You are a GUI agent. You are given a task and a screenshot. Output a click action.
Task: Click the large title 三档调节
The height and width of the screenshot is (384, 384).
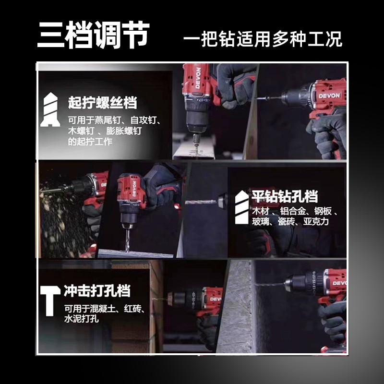click(93, 35)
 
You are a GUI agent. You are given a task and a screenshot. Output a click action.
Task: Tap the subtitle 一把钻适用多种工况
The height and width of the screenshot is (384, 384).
click(263, 39)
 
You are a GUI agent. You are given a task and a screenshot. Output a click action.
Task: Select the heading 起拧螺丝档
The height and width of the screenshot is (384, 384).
click(102, 102)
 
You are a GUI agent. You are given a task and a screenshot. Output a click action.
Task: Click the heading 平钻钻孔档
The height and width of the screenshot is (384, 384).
click(285, 196)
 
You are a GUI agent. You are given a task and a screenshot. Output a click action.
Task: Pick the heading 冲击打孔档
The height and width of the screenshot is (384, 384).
click(97, 291)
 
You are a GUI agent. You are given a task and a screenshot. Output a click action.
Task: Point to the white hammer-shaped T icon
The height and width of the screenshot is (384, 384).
click(50, 300)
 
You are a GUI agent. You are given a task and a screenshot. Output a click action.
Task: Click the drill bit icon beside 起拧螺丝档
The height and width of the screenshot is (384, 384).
click(50, 109)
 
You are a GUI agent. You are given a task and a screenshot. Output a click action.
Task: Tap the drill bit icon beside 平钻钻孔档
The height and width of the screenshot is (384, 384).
click(242, 207)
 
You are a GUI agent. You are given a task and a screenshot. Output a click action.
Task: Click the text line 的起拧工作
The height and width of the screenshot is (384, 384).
click(90, 142)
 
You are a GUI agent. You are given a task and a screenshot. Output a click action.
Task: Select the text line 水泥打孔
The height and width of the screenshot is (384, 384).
click(82, 319)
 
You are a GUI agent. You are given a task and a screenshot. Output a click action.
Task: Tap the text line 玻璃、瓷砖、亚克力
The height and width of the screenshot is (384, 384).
click(290, 222)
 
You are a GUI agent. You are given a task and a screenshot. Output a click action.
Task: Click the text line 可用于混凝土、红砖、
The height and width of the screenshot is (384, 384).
click(105, 308)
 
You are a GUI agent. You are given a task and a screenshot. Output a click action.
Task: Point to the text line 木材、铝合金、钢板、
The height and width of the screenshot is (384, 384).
click(295, 211)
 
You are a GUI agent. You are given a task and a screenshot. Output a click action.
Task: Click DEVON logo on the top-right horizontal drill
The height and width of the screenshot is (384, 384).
click(329, 95)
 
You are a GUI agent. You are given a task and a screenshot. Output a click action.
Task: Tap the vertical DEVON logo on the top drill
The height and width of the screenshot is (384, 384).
click(198, 78)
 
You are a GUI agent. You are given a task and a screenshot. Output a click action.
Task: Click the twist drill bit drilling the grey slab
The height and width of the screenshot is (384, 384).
click(127, 239)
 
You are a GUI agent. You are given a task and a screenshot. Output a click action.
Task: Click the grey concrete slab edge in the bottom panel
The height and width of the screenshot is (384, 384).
click(236, 306)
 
